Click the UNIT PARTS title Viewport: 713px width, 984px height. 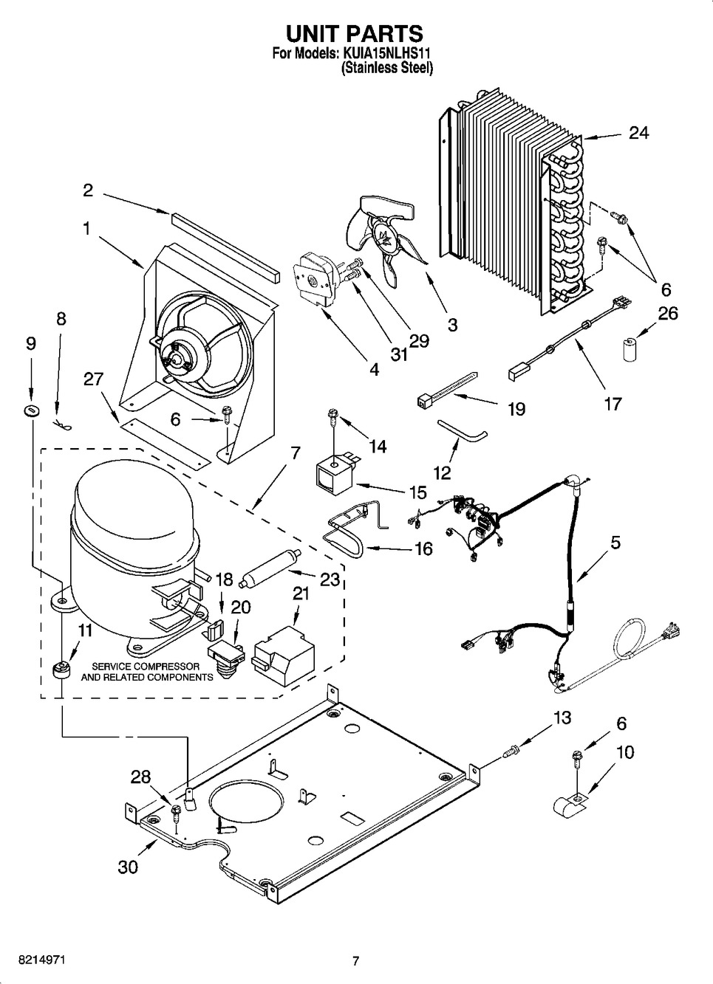355,33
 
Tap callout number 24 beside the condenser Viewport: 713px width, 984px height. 638,133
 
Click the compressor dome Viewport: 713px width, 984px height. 133,517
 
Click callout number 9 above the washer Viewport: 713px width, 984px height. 30,343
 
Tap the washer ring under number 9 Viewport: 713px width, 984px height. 30,410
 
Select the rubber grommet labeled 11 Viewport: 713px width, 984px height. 61,670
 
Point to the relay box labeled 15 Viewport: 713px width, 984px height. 335,473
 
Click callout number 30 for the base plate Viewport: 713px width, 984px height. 128,867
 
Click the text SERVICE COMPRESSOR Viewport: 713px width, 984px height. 140,666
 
